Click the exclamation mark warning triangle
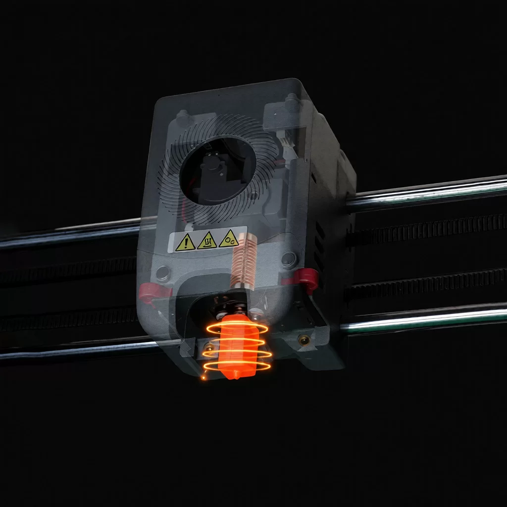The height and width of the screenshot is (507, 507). coord(185,242)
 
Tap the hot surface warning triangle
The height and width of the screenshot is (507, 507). coord(207,241)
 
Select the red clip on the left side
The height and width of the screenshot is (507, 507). coord(148,292)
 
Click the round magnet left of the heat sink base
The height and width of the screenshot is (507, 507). coord(162,272)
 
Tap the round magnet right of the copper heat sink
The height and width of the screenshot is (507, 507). coord(288,258)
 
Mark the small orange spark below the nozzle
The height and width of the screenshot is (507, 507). coord(203,378)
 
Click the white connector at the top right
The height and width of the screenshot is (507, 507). coord(286,142)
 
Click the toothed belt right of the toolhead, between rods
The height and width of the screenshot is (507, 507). coord(426,229)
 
